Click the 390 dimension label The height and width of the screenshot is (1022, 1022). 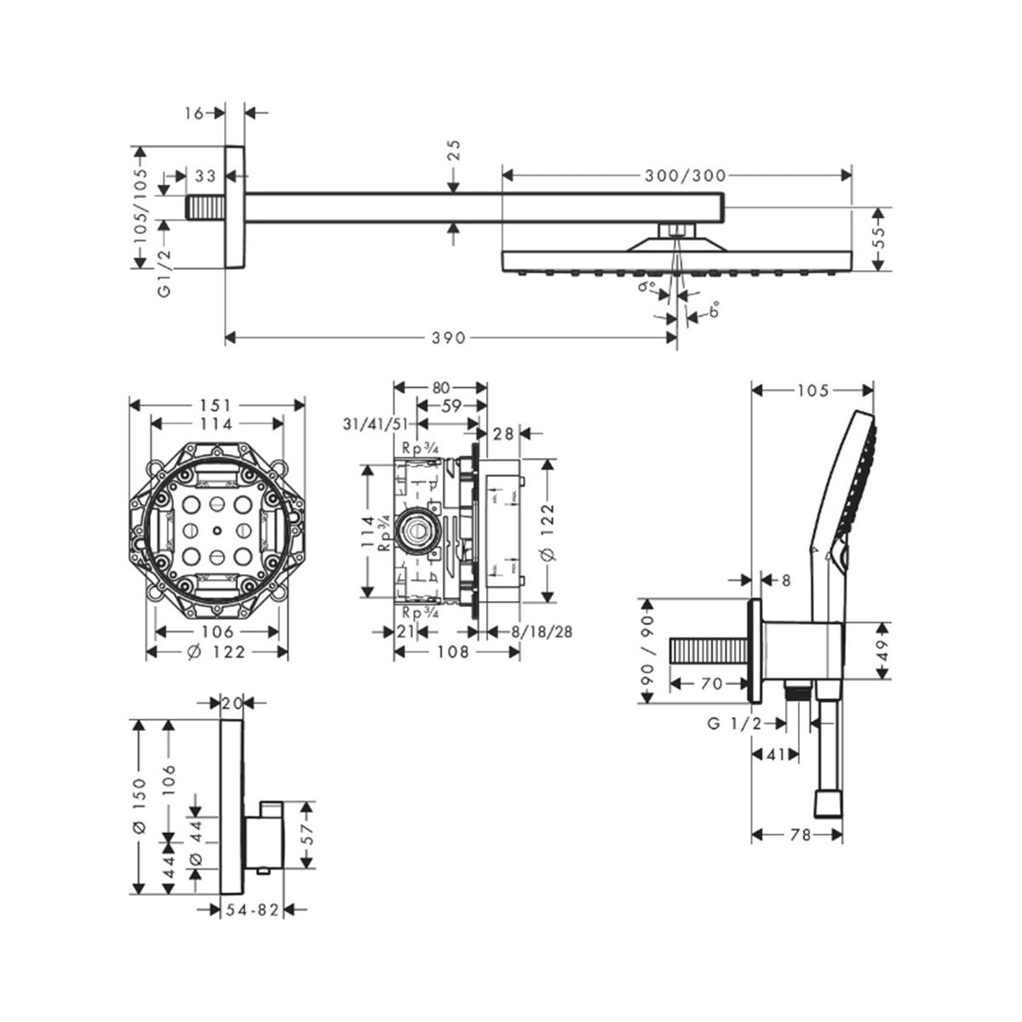click(x=449, y=338)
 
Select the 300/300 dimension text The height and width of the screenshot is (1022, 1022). click(x=685, y=175)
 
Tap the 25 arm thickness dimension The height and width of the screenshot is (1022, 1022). click(x=454, y=151)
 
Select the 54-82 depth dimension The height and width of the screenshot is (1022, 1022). click(x=251, y=910)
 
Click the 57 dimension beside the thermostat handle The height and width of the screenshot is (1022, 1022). click(x=309, y=835)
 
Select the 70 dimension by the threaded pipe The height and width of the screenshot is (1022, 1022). click(x=712, y=683)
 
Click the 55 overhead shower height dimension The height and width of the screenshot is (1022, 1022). click(x=881, y=239)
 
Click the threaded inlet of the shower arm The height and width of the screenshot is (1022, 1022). click(x=205, y=208)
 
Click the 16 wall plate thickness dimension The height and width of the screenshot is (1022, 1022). click(x=195, y=112)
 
